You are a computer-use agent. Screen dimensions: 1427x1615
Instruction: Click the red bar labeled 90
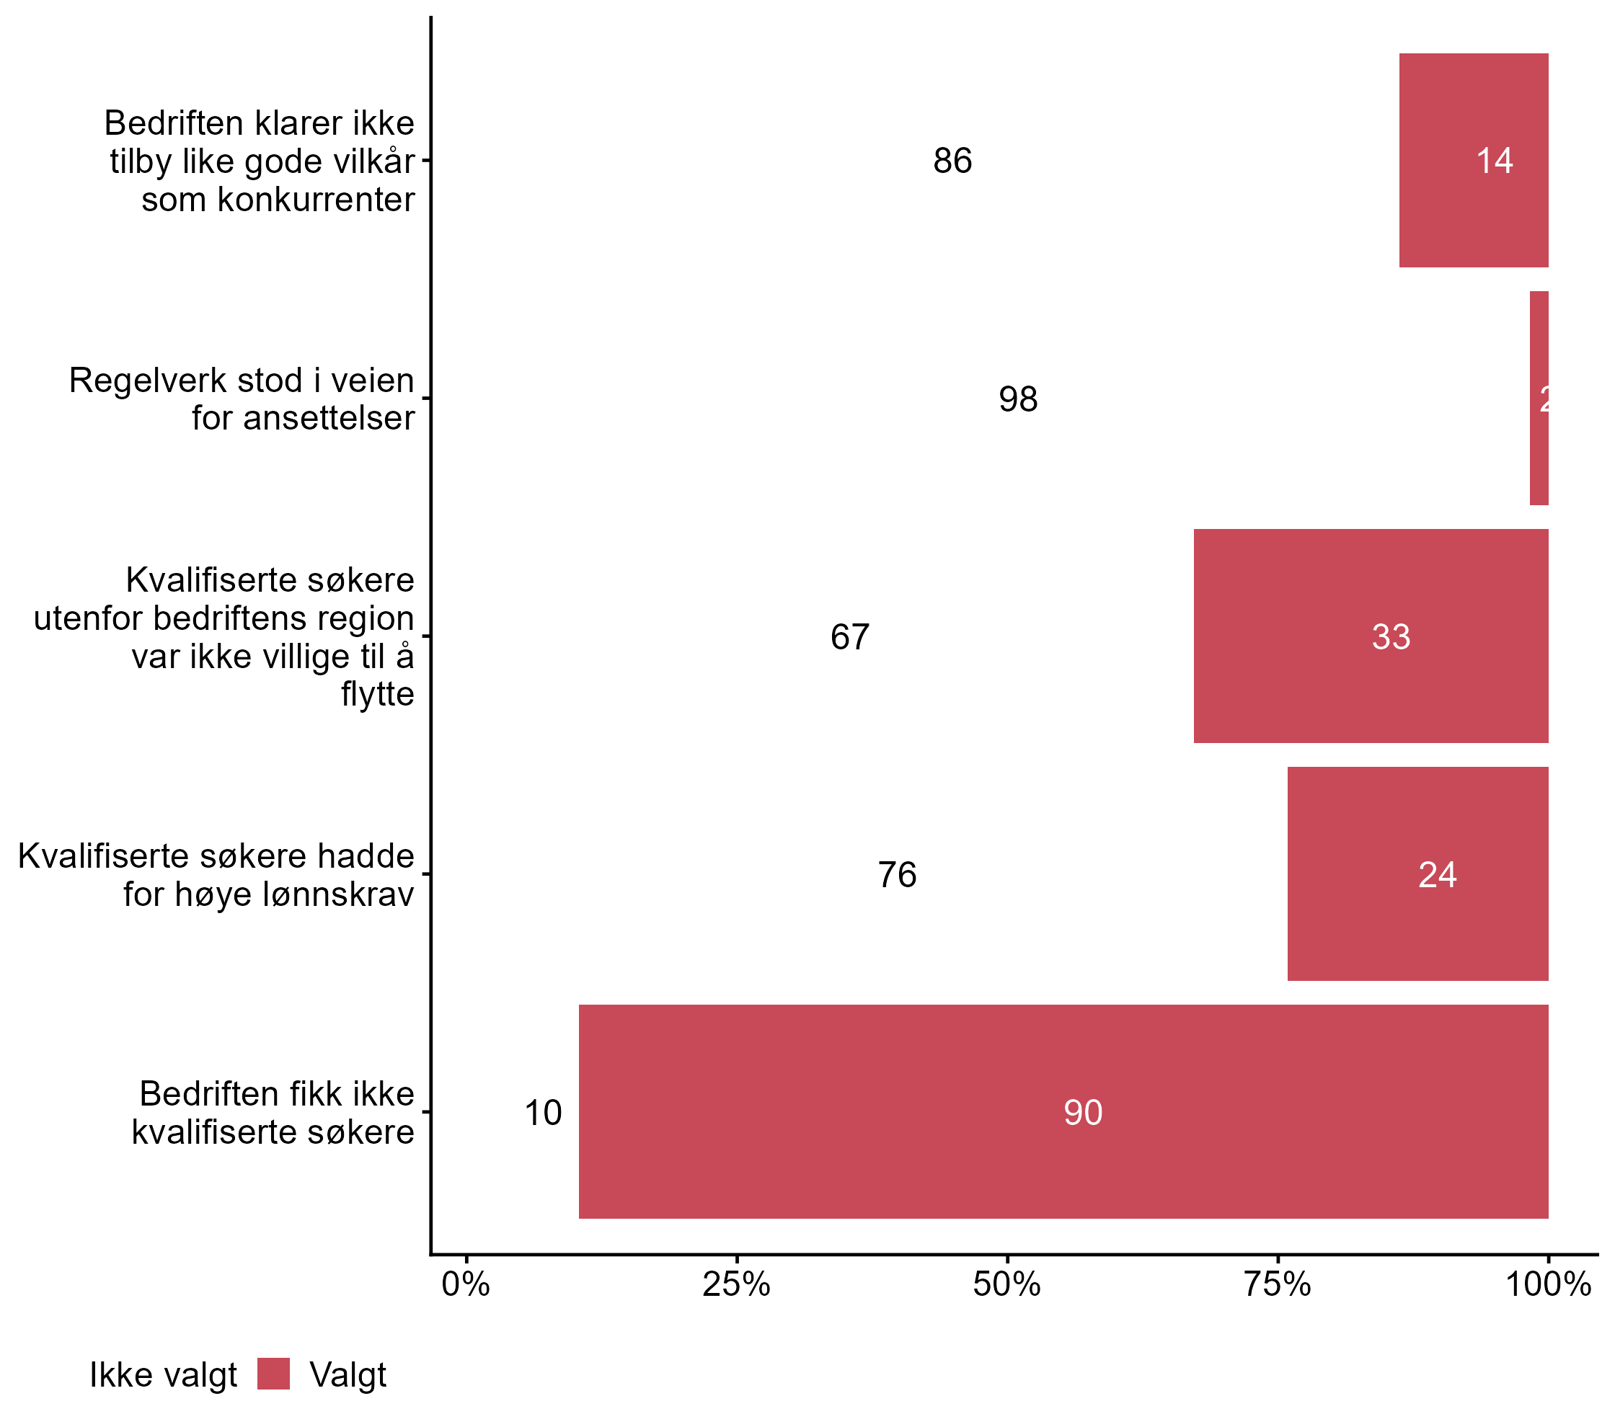pos(1063,1112)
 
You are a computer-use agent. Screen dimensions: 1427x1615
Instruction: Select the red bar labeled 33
pos(1370,636)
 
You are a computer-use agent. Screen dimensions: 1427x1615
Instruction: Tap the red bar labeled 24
pos(1417,874)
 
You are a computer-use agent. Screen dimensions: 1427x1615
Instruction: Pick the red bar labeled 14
pos(1473,160)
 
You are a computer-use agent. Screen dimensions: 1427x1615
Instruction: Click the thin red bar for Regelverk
pos(1539,398)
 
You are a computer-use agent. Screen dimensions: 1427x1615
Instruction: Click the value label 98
pos(1018,399)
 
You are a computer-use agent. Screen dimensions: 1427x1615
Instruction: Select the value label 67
pos(849,637)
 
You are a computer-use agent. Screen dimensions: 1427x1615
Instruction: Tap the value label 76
pos(897,875)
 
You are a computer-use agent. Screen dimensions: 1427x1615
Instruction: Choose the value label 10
pos(543,1113)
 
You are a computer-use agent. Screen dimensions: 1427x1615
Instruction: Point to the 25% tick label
pos(736,1285)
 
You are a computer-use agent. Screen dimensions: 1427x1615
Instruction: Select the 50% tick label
pos(1006,1285)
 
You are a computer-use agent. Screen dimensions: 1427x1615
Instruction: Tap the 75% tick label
pos(1277,1285)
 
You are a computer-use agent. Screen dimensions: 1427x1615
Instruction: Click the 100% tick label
pos(1547,1285)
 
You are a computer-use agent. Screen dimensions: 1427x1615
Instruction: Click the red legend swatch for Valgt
pos(273,1374)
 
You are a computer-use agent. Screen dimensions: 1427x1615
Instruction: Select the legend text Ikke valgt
pos(163,1375)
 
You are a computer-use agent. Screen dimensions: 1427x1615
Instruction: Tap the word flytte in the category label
pos(377,694)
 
